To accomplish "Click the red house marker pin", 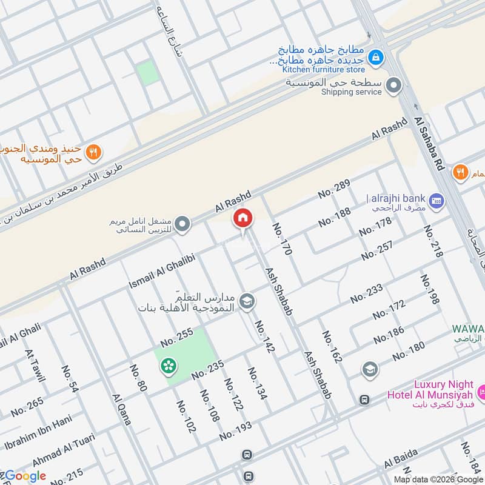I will coord(242,219).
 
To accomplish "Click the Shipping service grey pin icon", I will coord(395,85).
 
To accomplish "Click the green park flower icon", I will coord(168,366).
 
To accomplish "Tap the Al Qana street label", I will coord(121,410).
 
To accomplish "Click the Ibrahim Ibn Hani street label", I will coord(38,432).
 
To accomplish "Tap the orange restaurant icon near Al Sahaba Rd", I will coord(460,173).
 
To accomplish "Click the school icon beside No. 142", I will coord(247,301).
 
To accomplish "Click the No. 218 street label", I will coord(433,241).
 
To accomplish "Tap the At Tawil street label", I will coord(35,366).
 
